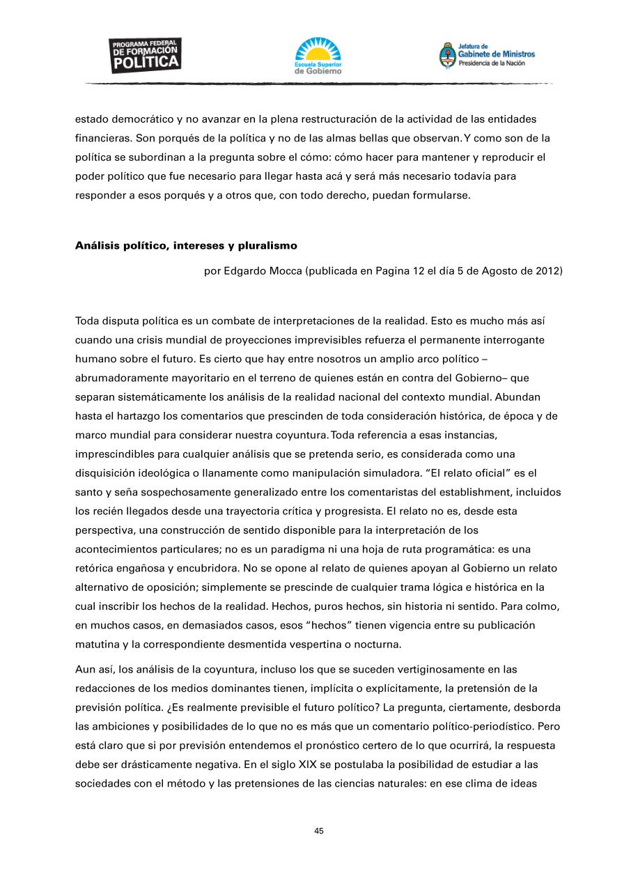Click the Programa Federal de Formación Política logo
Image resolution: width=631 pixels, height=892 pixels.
click(146, 55)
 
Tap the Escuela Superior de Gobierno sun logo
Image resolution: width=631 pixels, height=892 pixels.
click(318, 56)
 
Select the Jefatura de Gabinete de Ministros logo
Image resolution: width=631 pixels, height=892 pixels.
click(487, 55)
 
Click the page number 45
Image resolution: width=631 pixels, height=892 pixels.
click(319, 831)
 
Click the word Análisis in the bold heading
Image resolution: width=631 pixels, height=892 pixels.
click(96, 245)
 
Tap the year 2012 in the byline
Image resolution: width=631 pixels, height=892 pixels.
click(550, 271)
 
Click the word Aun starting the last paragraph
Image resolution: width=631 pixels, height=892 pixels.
click(85, 669)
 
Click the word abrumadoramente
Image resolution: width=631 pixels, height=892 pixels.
click(123, 378)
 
